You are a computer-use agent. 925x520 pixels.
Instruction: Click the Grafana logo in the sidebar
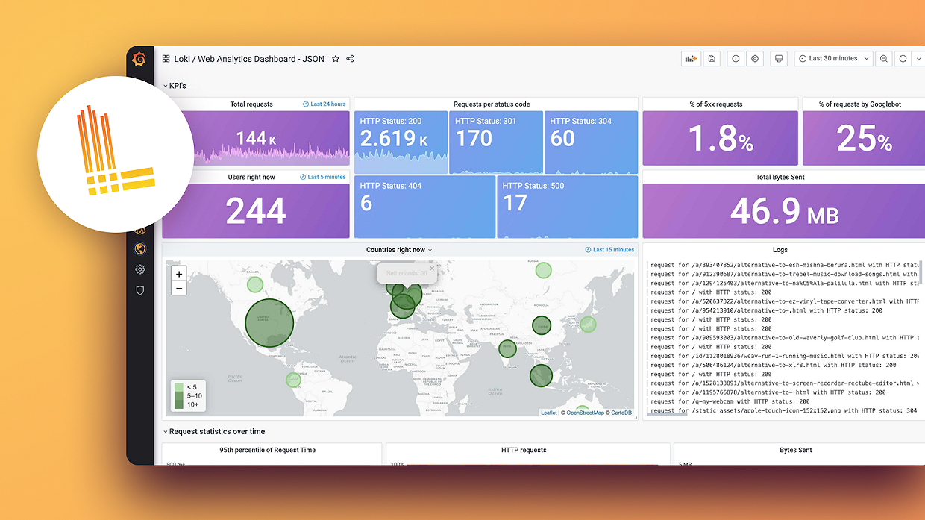click(139, 60)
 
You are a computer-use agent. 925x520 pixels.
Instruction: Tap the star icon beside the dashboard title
click(336, 59)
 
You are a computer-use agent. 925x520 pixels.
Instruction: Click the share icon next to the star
click(351, 59)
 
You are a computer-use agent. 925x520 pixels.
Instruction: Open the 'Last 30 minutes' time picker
click(834, 58)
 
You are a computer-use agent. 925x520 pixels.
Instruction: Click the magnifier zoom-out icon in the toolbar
click(883, 58)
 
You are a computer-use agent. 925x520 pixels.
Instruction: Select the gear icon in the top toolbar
click(756, 58)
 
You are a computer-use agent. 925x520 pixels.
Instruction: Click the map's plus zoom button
click(179, 274)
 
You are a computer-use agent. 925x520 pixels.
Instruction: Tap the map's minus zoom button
click(179, 288)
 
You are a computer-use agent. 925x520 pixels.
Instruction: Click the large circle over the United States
click(269, 322)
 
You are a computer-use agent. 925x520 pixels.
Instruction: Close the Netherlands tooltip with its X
click(431, 268)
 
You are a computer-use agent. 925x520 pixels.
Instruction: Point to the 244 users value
click(256, 212)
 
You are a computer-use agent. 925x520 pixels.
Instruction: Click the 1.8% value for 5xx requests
click(720, 138)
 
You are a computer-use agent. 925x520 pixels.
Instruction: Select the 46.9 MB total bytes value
click(783, 212)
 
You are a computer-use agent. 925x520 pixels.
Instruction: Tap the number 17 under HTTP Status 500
click(515, 204)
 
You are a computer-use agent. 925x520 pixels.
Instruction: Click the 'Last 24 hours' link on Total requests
click(324, 104)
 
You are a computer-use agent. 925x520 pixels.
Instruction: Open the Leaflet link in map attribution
click(548, 413)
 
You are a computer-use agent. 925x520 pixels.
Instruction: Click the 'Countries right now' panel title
click(396, 250)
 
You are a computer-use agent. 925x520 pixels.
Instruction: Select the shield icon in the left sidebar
click(139, 290)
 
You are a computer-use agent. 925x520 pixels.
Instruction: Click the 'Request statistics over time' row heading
click(216, 431)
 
